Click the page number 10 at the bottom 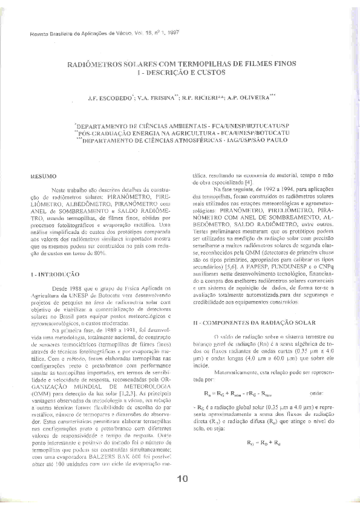(183, 479)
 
